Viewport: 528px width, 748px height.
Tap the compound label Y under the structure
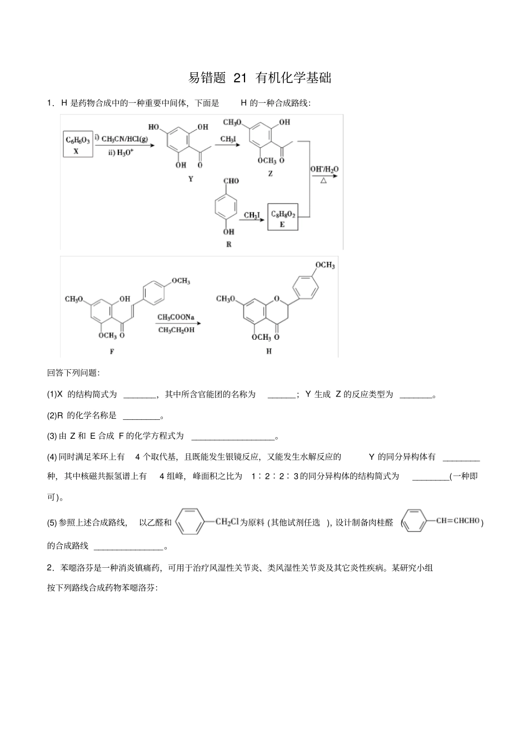click(x=191, y=180)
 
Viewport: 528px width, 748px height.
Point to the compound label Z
click(x=270, y=174)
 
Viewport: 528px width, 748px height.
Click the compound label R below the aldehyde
click(x=229, y=245)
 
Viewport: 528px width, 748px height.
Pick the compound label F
click(x=112, y=351)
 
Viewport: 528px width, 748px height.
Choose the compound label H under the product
click(x=269, y=351)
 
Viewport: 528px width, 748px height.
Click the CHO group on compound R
click(x=231, y=181)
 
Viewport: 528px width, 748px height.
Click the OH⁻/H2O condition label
click(x=324, y=169)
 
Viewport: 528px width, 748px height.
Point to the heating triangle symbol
click(x=323, y=180)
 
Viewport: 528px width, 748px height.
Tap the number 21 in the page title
click(x=240, y=78)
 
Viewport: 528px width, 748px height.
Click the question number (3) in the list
click(x=52, y=437)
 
